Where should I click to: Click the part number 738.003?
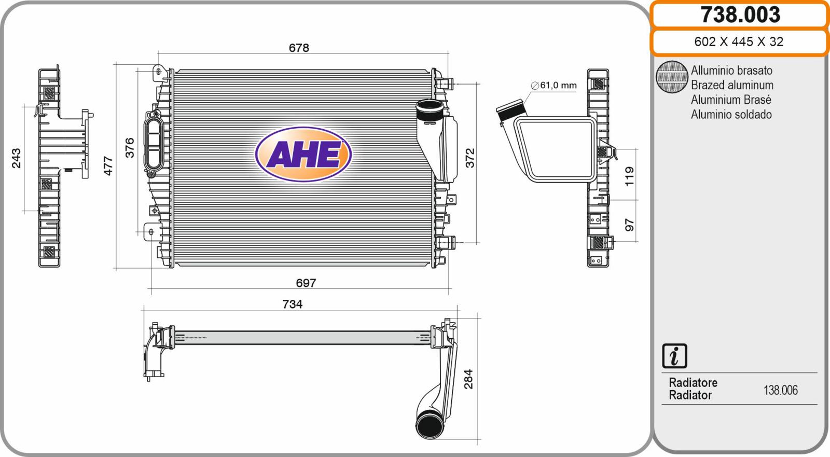740,15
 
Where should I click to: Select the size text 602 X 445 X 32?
739,41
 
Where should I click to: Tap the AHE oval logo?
303,154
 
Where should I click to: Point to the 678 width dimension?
299,48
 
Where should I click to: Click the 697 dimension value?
306,283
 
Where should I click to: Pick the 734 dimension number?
293,304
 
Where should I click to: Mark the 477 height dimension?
108,165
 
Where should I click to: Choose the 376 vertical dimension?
130,147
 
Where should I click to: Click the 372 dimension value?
470,158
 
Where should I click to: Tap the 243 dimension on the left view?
16,158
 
